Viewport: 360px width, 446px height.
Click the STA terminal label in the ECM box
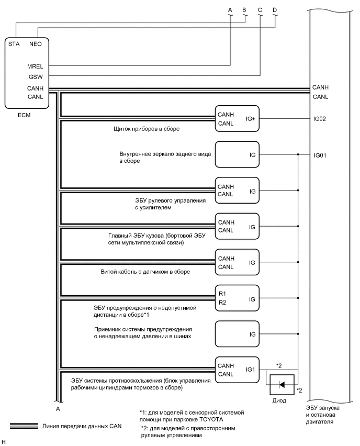click(x=15, y=44)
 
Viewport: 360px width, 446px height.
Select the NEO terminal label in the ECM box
click(x=35, y=44)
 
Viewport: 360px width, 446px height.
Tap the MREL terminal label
click(x=36, y=67)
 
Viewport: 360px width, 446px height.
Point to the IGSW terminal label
click(x=36, y=77)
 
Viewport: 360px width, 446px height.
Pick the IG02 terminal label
click(x=320, y=119)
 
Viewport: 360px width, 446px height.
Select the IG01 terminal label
click(x=320, y=155)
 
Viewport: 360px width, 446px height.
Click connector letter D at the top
click(x=275, y=9)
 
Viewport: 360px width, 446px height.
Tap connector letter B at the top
click(x=244, y=9)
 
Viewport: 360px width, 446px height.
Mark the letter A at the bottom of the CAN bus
click(x=57, y=408)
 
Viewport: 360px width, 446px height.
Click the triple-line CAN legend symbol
click(x=24, y=426)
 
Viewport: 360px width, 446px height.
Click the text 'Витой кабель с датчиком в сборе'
click(x=145, y=272)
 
